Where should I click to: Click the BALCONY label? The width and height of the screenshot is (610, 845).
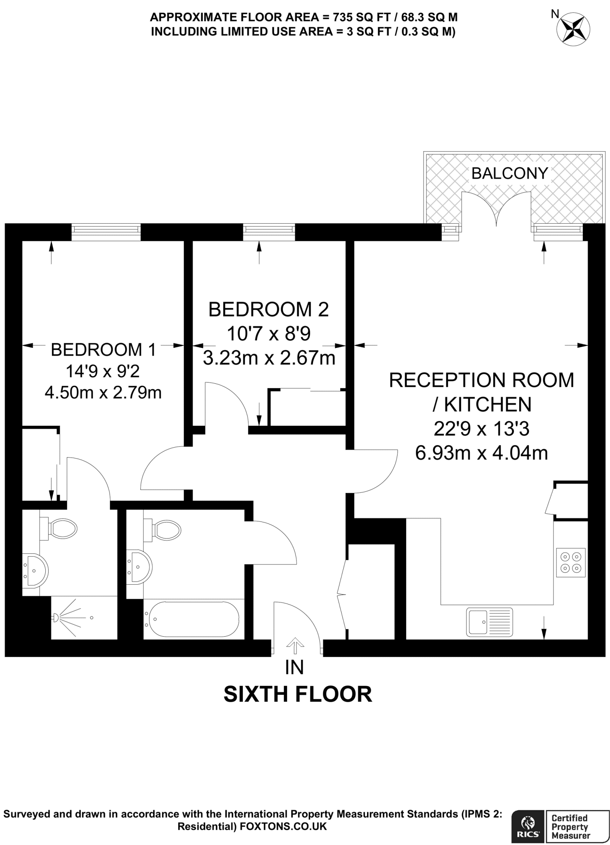pyautogui.click(x=509, y=173)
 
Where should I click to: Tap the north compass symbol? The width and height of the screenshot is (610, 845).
pyautogui.click(x=573, y=28)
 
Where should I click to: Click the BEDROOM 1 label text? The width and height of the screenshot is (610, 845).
pyautogui.click(x=103, y=350)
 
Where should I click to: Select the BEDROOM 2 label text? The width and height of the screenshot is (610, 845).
pyautogui.click(x=268, y=309)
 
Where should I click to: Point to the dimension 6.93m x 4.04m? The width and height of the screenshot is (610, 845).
pyautogui.click(x=481, y=453)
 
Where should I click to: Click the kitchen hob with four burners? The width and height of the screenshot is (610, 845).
pyautogui.click(x=571, y=562)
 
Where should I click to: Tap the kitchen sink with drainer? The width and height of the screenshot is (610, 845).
pyautogui.click(x=489, y=621)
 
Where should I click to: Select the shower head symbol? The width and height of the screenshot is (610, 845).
pyautogui.click(x=56, y=618)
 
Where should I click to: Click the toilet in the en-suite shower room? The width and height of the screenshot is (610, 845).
pyautogui.click(x=62, y=529)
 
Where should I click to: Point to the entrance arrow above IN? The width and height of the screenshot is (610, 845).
pyautogui.click(x=294, y=646)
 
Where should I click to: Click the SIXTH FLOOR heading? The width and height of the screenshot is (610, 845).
pyautogui.click(x=297, y=694)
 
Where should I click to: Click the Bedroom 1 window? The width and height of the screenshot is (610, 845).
pyautogui.click(x=106, y=232)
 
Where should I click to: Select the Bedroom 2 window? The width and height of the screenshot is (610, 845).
pyautogui.click(x=269, y=232)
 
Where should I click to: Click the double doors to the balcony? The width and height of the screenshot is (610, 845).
pyautogui.click(x=496, y=210)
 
